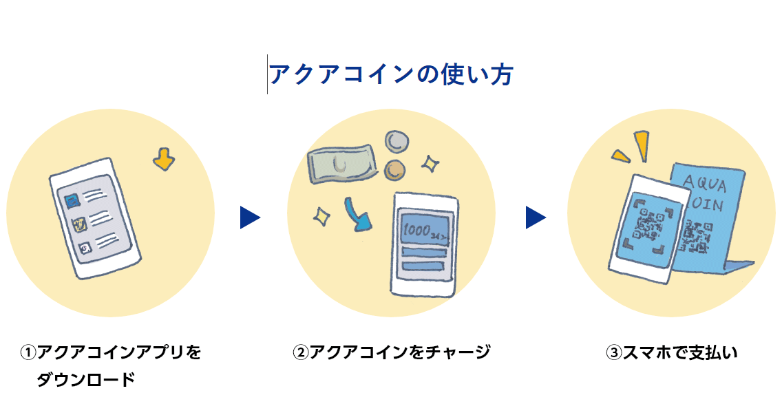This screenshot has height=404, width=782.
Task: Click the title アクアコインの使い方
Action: click(391, 74)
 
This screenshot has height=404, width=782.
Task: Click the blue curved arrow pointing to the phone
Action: click(357, 215)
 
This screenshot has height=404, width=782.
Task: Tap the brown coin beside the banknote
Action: click(395, 169)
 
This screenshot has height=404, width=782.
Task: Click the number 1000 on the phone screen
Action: click(417, 229)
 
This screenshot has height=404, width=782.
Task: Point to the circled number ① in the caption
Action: click(28, 352)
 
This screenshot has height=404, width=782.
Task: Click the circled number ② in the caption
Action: click(300, 352)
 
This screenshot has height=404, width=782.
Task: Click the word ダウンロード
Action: click(85, 379)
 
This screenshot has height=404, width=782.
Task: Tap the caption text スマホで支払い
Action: click(679, 352)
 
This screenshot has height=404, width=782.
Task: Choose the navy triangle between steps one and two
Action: click(249, 217)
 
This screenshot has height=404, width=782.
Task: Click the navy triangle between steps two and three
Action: click(535, 217)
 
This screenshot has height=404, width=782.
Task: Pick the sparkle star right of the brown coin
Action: click(431, 164)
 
